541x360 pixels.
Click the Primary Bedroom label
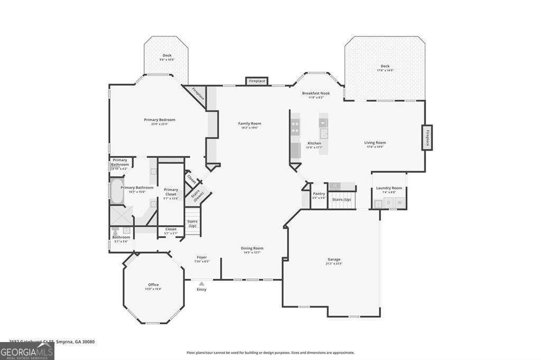point(159,120)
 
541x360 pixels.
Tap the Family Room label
point(249,124)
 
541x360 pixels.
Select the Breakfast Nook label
point(316,93)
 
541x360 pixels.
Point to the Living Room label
point(375,143)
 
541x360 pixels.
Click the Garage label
point(334,260)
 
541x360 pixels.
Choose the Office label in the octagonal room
point(153,285)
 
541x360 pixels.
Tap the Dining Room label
point(253,248)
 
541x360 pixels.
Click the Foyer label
point(202,258)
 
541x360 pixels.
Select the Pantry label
point(319,194)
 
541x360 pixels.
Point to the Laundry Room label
point(389,188)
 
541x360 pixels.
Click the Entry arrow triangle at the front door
point(201,283)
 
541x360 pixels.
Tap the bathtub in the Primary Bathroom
point(116,193)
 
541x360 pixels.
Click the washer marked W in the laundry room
point(399,203)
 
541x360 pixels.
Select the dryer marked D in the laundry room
point(389,203)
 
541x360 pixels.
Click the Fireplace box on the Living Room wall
point(427,138)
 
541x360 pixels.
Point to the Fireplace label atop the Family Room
point(257,81)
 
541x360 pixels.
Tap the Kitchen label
point(314,144)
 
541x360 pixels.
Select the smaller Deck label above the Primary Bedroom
point(167,55)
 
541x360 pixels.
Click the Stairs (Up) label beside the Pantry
point(341,200)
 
